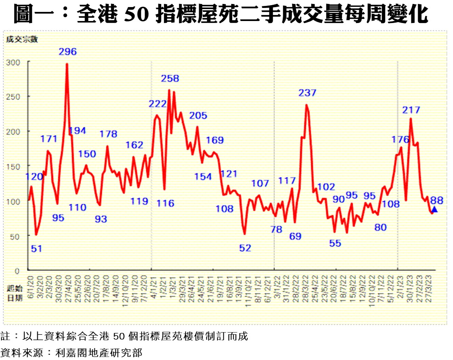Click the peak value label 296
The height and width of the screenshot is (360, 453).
[x=67, y=52]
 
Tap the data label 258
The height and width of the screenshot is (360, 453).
[x=170, y=79]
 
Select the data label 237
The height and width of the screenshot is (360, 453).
[x=308, y=93]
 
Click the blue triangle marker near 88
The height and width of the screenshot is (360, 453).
[x=434, y=209]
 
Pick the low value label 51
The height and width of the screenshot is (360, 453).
[x=36, y=249]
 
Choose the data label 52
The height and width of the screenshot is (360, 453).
[x=245, y=248]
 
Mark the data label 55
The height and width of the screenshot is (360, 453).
[x=335, y=243]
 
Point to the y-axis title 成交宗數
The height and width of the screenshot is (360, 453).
[x=21, y=39]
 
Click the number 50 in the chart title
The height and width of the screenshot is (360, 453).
[x=138, y=15]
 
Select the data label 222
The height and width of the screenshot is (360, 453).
[x=158, y=104]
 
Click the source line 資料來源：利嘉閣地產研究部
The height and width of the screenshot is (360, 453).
[x=71, y=352]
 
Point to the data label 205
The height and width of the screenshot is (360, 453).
[x=198, y=115]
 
